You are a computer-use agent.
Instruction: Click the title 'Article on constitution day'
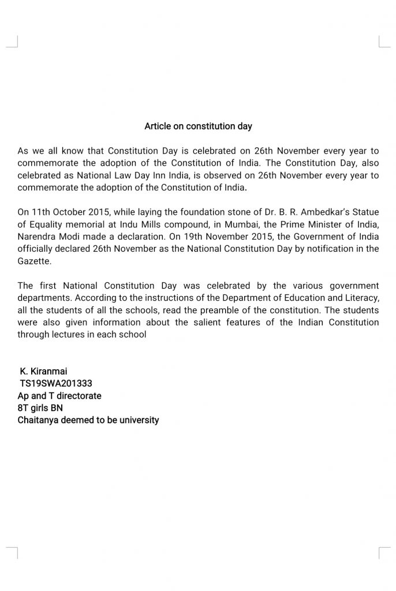point(198,126)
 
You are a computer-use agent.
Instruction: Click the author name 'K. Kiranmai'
point(44,371)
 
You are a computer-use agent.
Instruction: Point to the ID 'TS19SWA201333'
point(56,383)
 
